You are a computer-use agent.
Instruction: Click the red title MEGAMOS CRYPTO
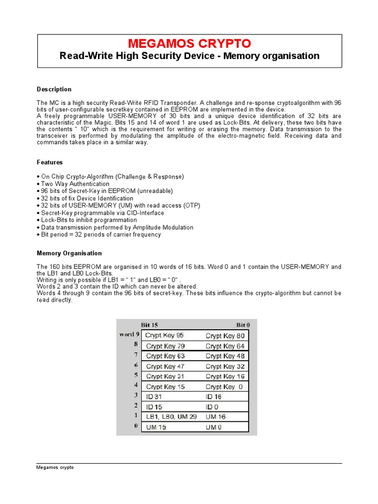(189, 43)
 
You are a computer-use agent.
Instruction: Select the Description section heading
(54, 89)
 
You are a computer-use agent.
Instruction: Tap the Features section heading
(50, 162)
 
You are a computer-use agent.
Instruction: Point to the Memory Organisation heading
(69, 253)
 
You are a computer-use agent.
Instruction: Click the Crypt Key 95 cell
(165, 336)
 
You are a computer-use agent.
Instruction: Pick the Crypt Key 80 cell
(225, 336)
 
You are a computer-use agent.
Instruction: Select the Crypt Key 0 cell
(224, 387)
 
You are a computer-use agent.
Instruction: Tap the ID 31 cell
(154, 396)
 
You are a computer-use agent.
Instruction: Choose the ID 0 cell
(212, 407)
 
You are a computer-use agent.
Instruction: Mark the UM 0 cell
(214, 427)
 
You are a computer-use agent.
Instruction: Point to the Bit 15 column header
(150, 325)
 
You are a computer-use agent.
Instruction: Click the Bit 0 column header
(243, 325)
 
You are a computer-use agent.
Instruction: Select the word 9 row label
(129, 335)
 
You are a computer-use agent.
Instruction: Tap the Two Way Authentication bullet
(75, 184)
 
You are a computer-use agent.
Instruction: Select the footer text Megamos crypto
(55, 467)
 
